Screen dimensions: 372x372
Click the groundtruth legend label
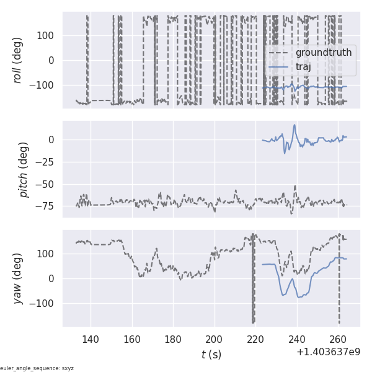point(323,53)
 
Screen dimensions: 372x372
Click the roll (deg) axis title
point(18,60)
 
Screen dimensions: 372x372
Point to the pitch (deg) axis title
point(24,169)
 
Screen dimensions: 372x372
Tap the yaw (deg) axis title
point(18,278)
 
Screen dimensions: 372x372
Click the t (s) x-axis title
point(211,355)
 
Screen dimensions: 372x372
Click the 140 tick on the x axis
point(91,339)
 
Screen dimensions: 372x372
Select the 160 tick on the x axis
point(132,339)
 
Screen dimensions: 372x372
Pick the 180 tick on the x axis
point(174,339)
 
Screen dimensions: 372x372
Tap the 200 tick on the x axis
point(215,339)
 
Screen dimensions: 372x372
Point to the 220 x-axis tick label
point(256,339)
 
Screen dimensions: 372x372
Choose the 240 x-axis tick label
point(298,339)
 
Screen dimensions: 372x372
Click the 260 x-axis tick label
point(339,339)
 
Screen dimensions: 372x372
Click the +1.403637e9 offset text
point(329,352)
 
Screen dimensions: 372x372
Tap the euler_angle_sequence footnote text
point(37,368)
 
